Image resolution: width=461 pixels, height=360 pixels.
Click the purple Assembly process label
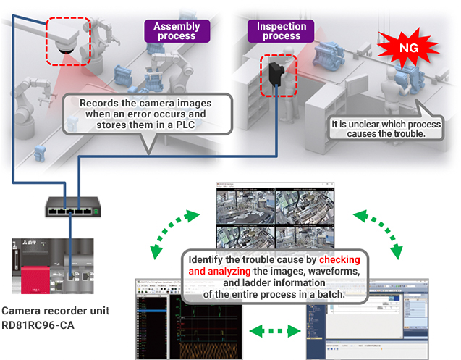pyautogui.click(x=176, y=30)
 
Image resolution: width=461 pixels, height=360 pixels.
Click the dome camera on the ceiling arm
pyautogui.click(x=67, y=43)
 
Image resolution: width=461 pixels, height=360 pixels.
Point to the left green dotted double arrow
pyautogui.click(x=174, y=233)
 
